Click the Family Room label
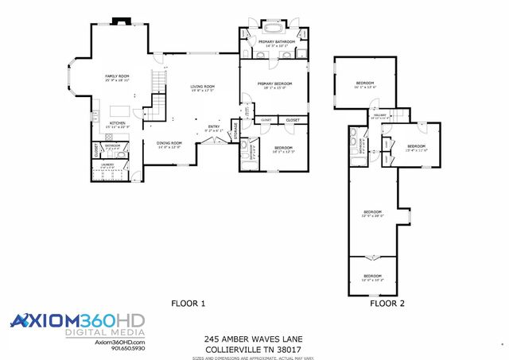[117, 76]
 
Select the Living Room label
[202, 87]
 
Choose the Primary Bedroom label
[273, 83]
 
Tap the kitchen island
[119, 110]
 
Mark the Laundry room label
[107, 165]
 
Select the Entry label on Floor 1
[214, 127]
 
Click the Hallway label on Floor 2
[379, 116]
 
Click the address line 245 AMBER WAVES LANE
[253, 339]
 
